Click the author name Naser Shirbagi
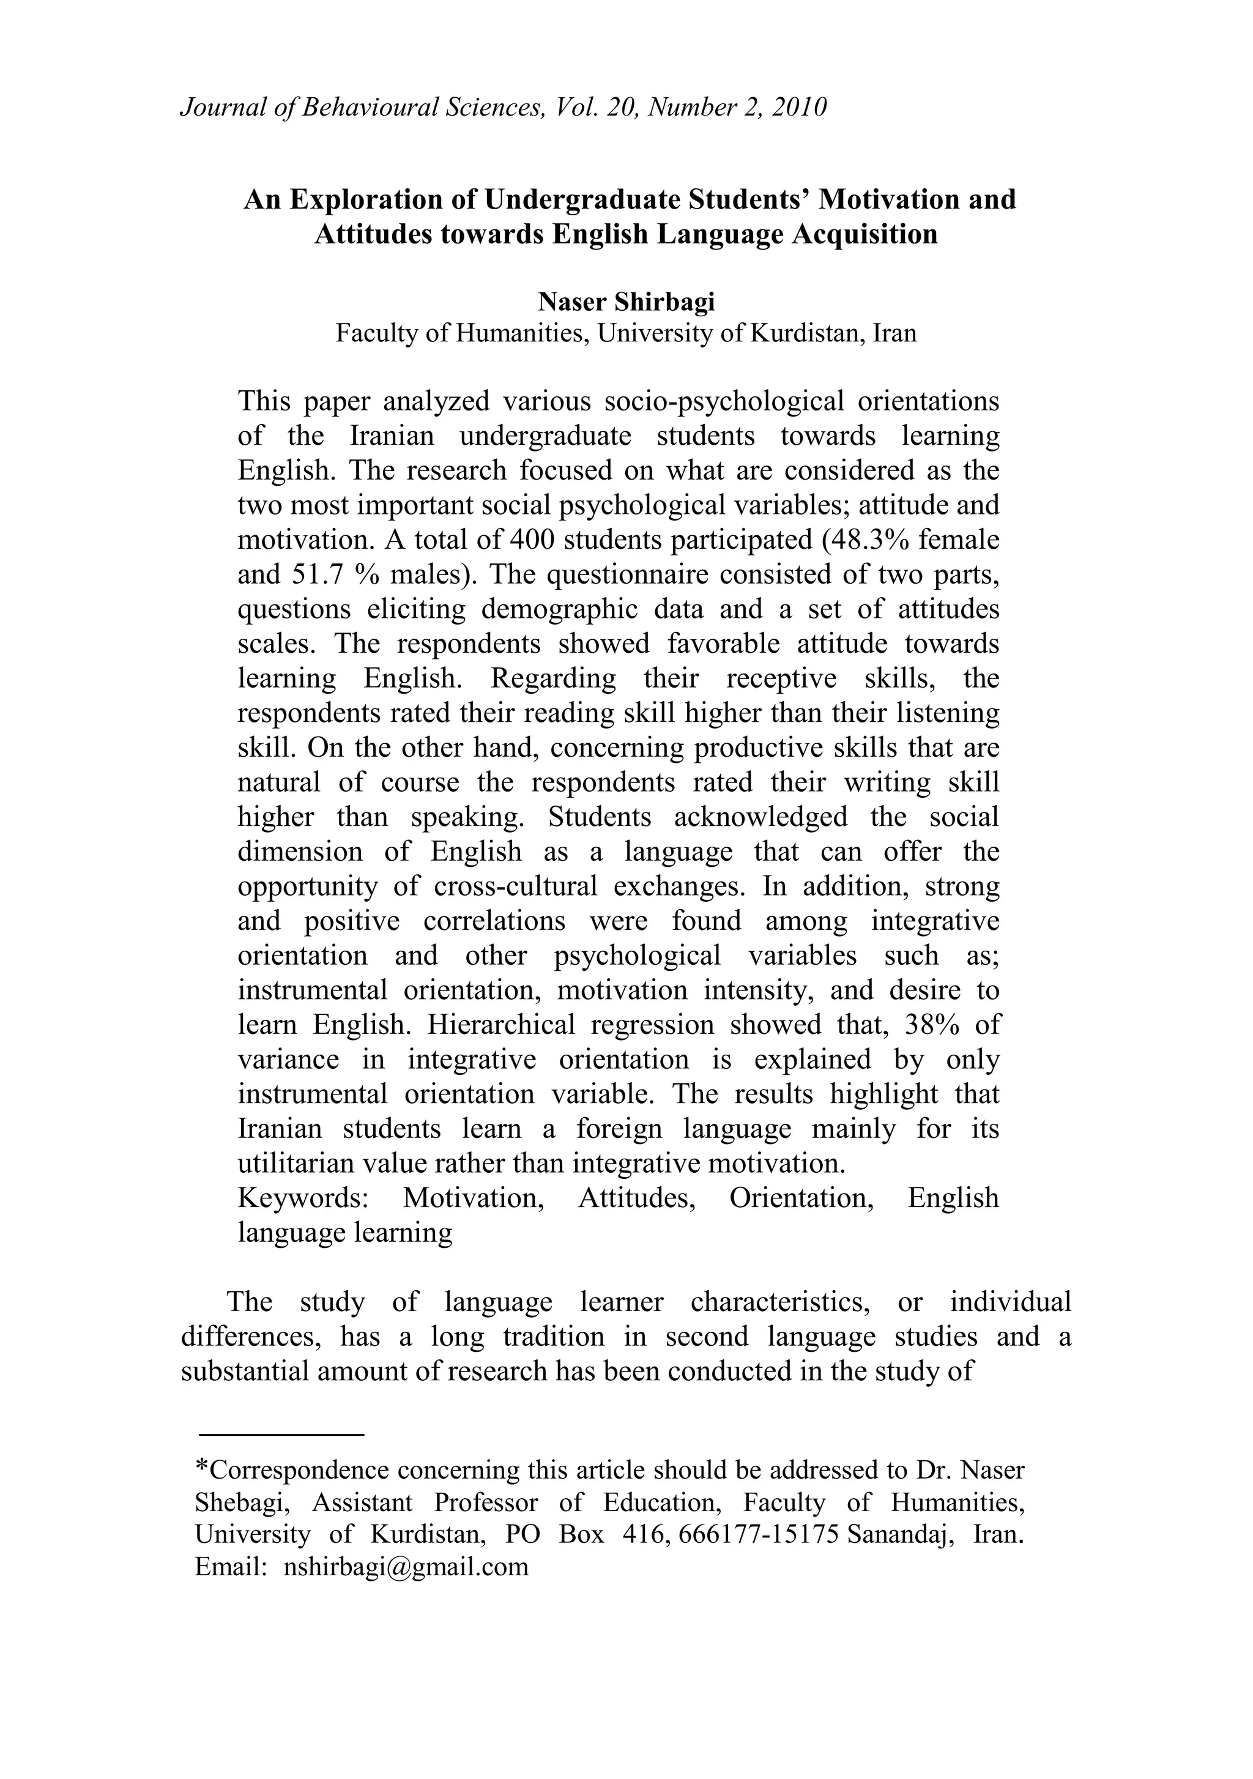click(626, 302)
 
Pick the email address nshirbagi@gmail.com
click(406, 1567)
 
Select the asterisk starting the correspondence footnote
click(201, 1465)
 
